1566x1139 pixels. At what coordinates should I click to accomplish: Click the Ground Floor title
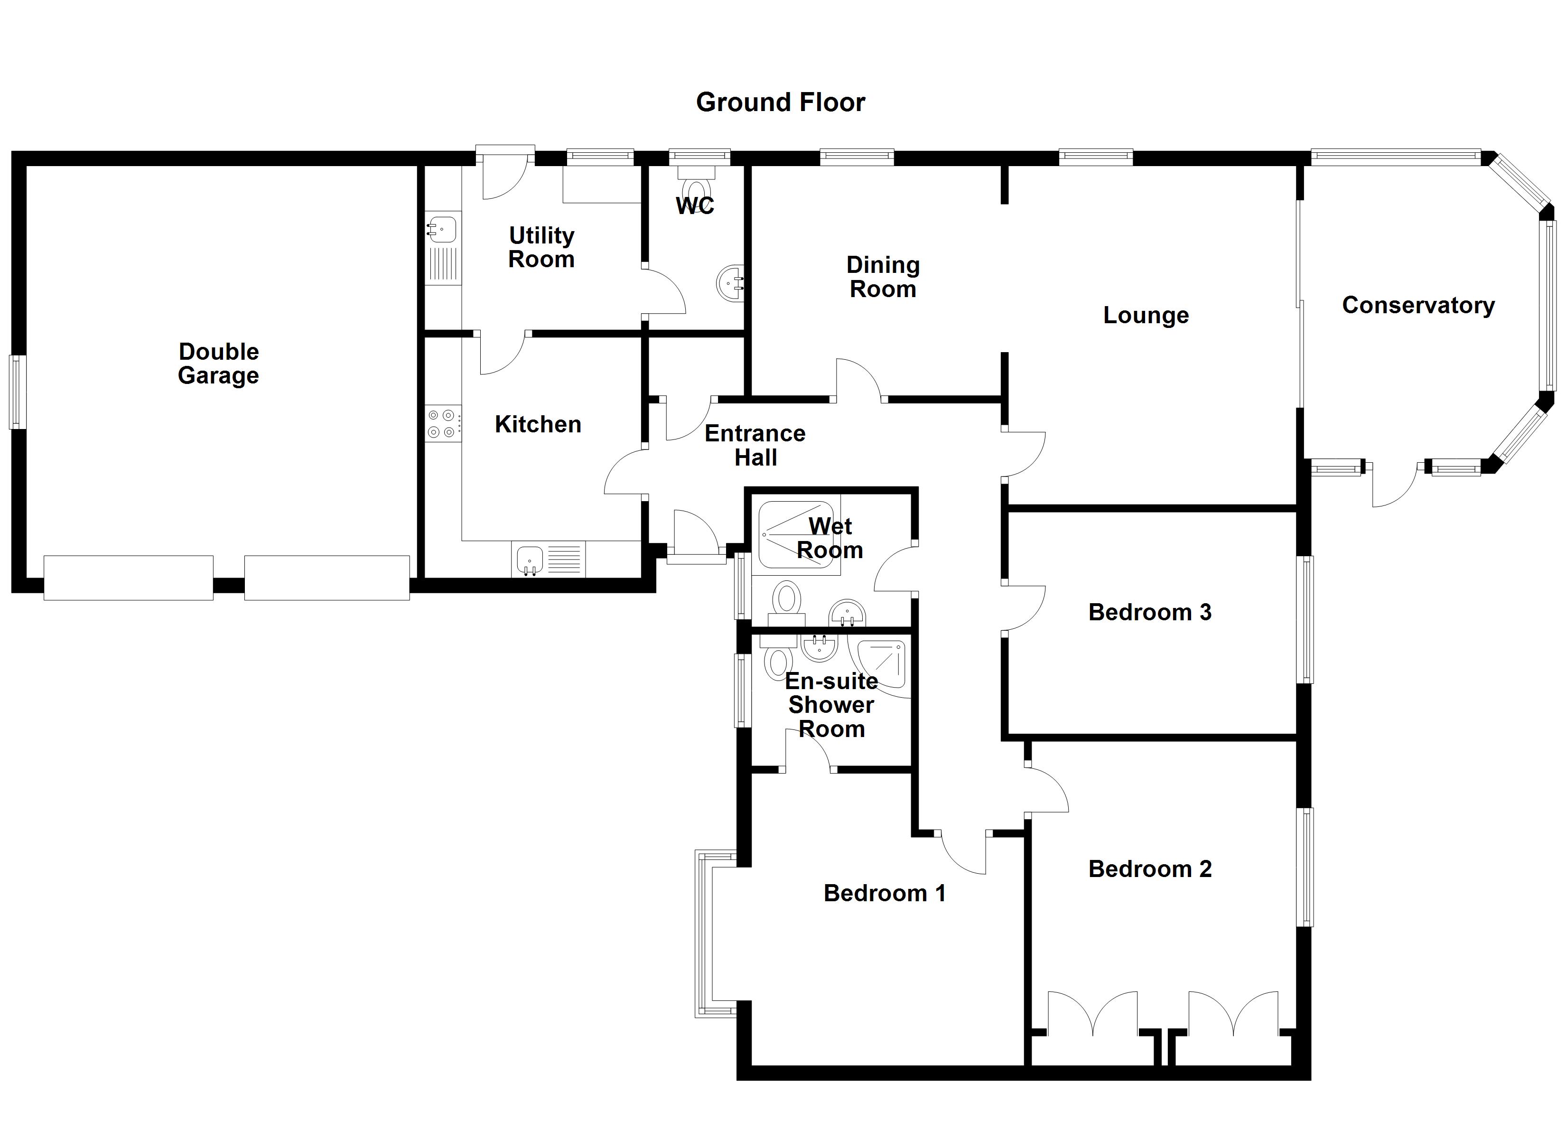[780, 102]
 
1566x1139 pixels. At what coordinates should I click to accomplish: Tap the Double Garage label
[218, 364]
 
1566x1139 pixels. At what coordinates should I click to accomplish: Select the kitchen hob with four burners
[441, 423]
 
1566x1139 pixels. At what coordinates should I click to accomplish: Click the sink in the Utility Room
[442, 229]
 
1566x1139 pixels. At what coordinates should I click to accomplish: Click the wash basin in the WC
[730, 283]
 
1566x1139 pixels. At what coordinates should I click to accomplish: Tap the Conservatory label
[1418, 305]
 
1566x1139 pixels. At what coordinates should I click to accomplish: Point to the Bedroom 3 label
[1150, 612]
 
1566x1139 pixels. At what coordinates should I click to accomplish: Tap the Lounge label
[1146, 315]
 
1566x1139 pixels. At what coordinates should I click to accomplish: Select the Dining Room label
[883, 277]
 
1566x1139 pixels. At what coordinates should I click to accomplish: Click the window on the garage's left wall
[17, 392]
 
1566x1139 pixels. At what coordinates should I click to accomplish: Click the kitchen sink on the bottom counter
[530, 558]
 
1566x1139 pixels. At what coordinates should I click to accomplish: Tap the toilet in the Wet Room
[786, 599]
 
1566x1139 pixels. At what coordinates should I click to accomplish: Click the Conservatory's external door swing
[1393, 485]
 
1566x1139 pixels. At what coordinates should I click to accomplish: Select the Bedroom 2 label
[1150, 869]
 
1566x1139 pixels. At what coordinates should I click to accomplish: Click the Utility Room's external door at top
[505, 173]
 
